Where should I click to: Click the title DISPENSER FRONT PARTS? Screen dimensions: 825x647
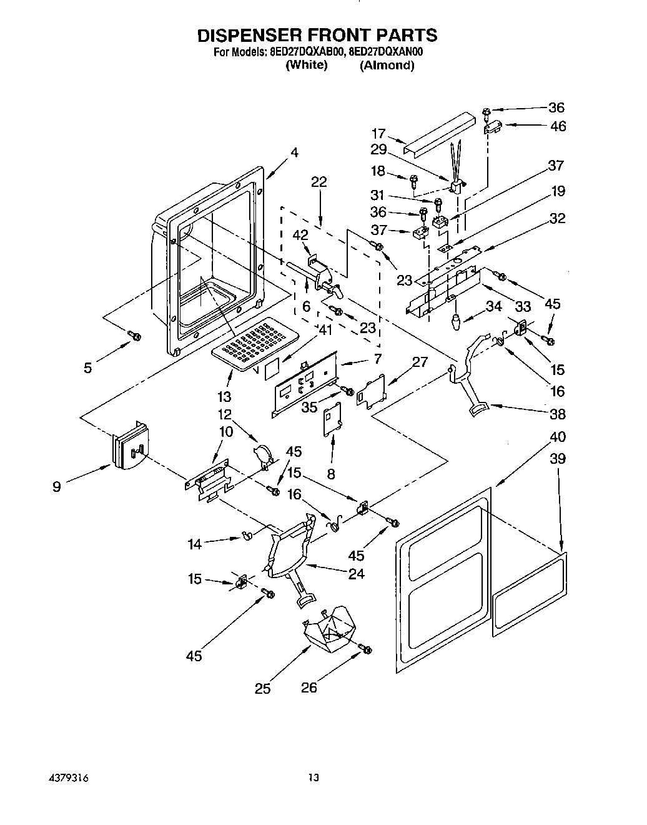317,35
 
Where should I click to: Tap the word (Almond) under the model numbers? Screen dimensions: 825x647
387,65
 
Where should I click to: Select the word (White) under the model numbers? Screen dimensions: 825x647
306,65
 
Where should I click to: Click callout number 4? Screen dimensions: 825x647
294,152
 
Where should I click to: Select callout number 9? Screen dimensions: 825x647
57,486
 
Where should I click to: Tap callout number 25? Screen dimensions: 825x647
263,689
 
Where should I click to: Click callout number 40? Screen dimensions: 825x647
558,436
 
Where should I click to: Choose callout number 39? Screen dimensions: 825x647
558,458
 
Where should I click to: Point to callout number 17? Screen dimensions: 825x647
378,133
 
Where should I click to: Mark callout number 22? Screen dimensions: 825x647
319,182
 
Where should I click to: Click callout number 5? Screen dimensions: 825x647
88,367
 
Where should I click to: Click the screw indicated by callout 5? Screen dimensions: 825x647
134,337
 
